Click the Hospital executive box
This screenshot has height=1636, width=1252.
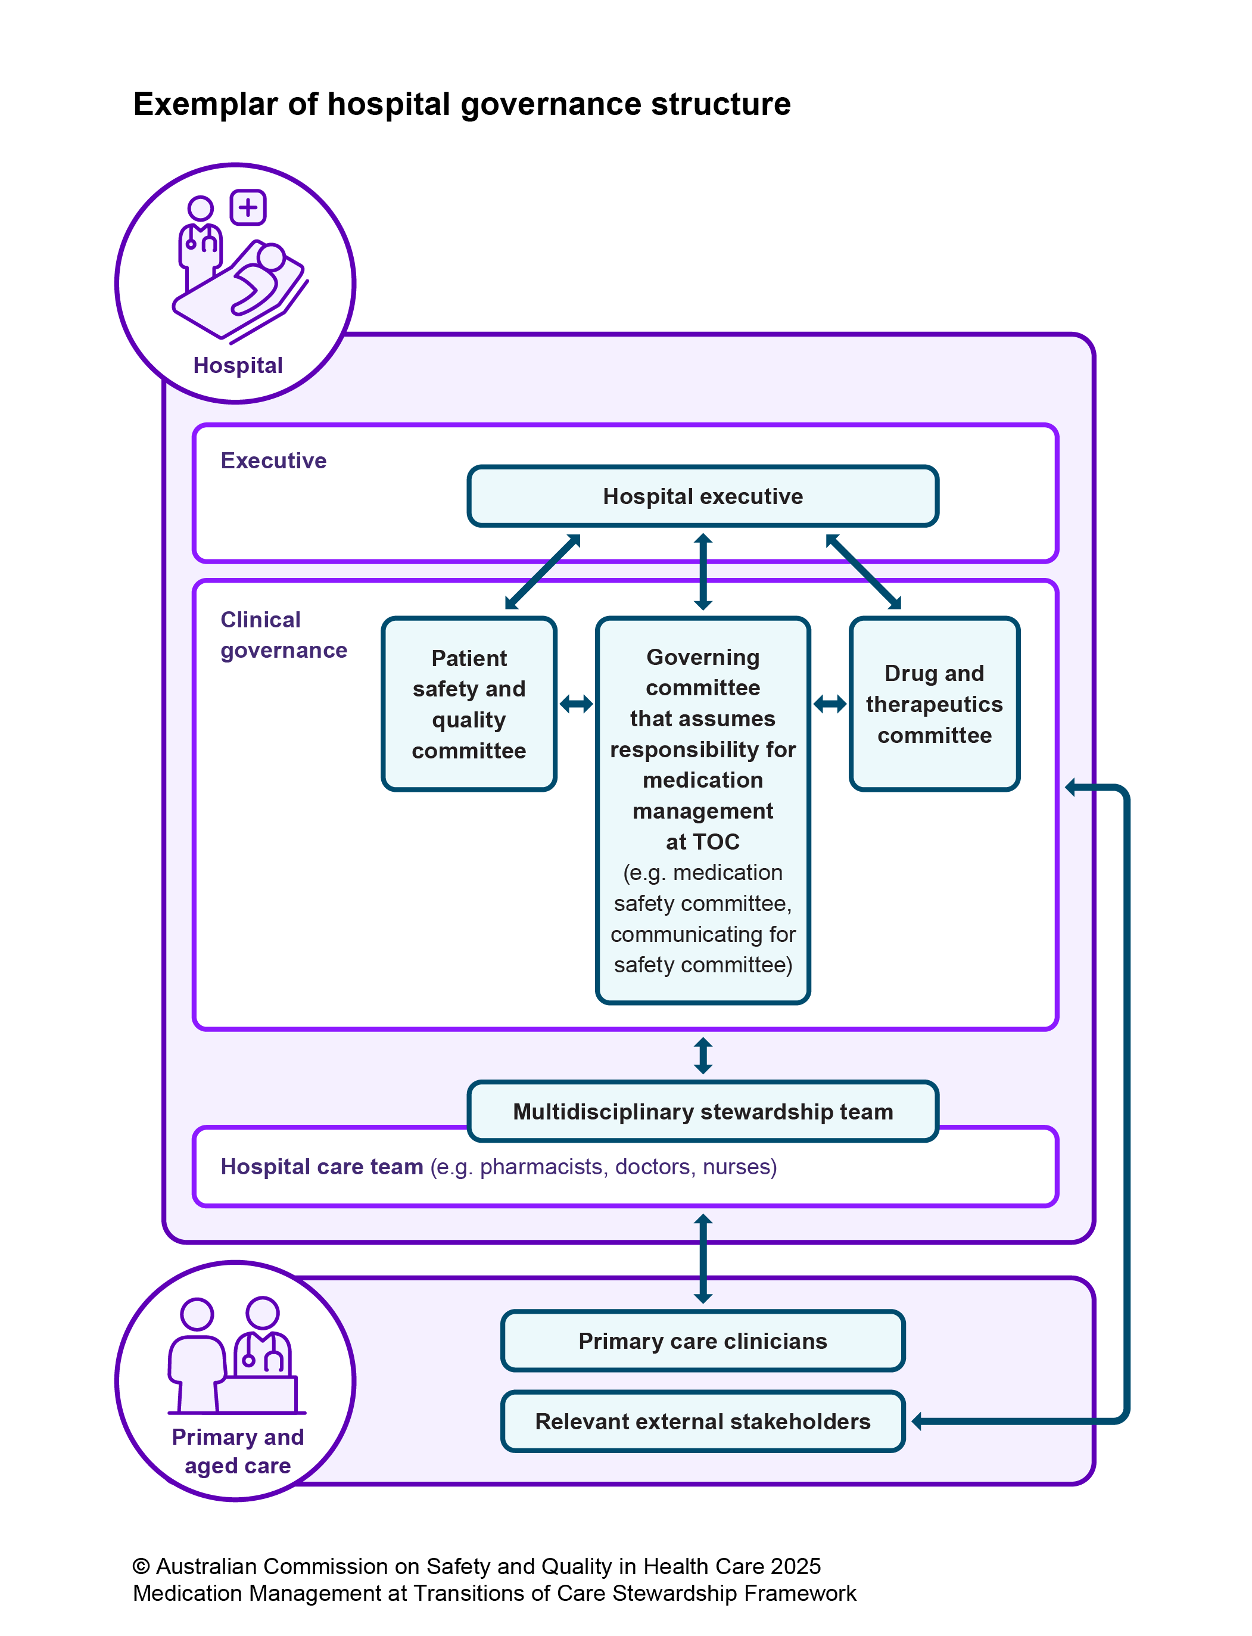pos(702,496)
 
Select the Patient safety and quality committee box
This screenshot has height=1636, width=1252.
pos(469,704)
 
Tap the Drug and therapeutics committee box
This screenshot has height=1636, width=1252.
pos(934,704)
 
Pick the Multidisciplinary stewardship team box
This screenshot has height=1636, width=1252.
pos(702,1111)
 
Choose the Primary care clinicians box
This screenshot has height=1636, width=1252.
pos(702,1341)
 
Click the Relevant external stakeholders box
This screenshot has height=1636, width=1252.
pos(702,1422)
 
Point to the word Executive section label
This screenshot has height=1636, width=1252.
pos(273,461)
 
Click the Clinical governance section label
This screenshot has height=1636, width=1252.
pos(283,635)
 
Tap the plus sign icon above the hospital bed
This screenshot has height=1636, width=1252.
pos(248,207)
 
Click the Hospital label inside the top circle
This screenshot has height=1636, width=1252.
pos(238,365)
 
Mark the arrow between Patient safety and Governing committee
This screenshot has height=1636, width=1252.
pos(576,704)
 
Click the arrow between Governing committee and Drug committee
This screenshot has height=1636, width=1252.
pos(830,704)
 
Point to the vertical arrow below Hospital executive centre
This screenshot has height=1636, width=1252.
pos(703,572)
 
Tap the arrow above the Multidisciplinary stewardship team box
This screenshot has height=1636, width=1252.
pos(703,1055)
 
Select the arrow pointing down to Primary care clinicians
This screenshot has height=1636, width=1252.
pos(703,1259)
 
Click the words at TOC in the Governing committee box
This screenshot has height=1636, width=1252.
pos(702,841)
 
